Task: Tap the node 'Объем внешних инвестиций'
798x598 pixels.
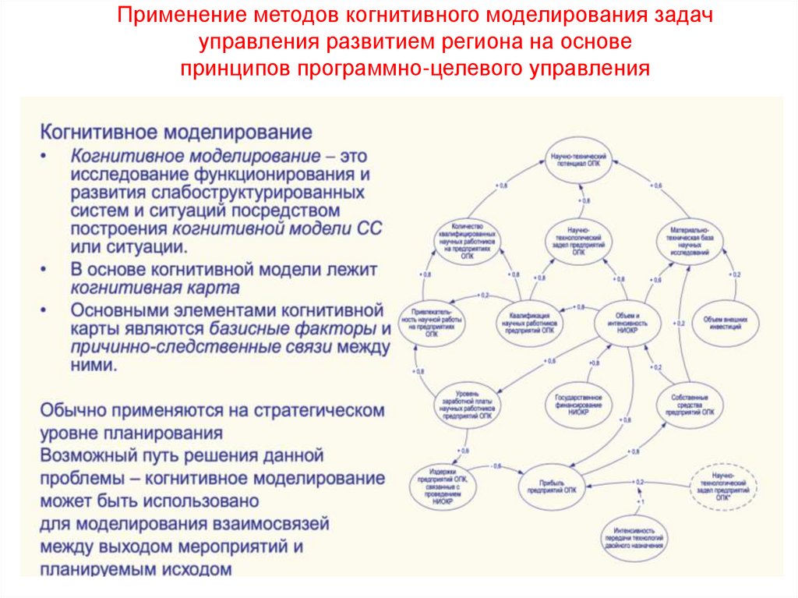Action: pos(725,323)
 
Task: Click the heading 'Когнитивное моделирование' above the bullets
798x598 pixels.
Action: pos(176,129)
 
